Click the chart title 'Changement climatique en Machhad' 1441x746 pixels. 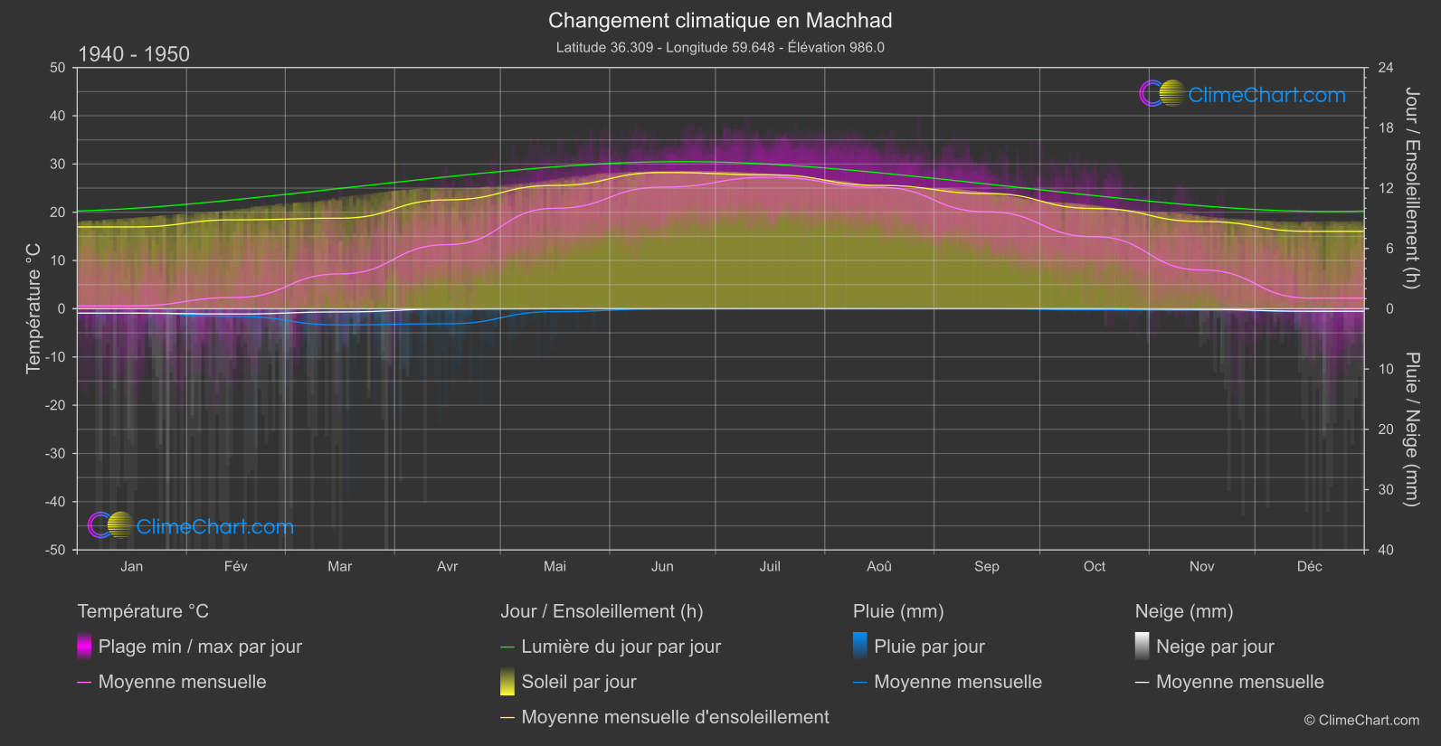point(720,21)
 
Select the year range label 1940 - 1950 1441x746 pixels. point(134,54)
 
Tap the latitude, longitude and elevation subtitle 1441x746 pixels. point(720,47)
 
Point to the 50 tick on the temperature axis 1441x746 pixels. point(58,68)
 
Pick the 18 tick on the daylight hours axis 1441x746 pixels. point(1386,128)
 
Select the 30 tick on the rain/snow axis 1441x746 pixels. point(1386,490)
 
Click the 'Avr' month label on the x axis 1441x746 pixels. point(447,567)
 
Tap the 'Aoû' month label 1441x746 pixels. point(879,567)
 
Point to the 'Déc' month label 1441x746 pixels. point(1309,567)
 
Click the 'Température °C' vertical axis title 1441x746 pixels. point(33,308)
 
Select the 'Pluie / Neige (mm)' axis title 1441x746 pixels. point(1411,430)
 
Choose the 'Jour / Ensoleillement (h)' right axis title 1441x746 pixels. point(1411,188)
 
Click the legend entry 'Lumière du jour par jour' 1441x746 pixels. point(621,647)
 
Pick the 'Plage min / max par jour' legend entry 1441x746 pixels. point(200,647)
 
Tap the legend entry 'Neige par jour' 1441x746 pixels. point(1215,647)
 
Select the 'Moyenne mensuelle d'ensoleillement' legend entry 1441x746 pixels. point(675,717)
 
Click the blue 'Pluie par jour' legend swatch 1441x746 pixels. point(860,646)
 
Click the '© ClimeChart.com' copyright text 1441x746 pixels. point(1361,721)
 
